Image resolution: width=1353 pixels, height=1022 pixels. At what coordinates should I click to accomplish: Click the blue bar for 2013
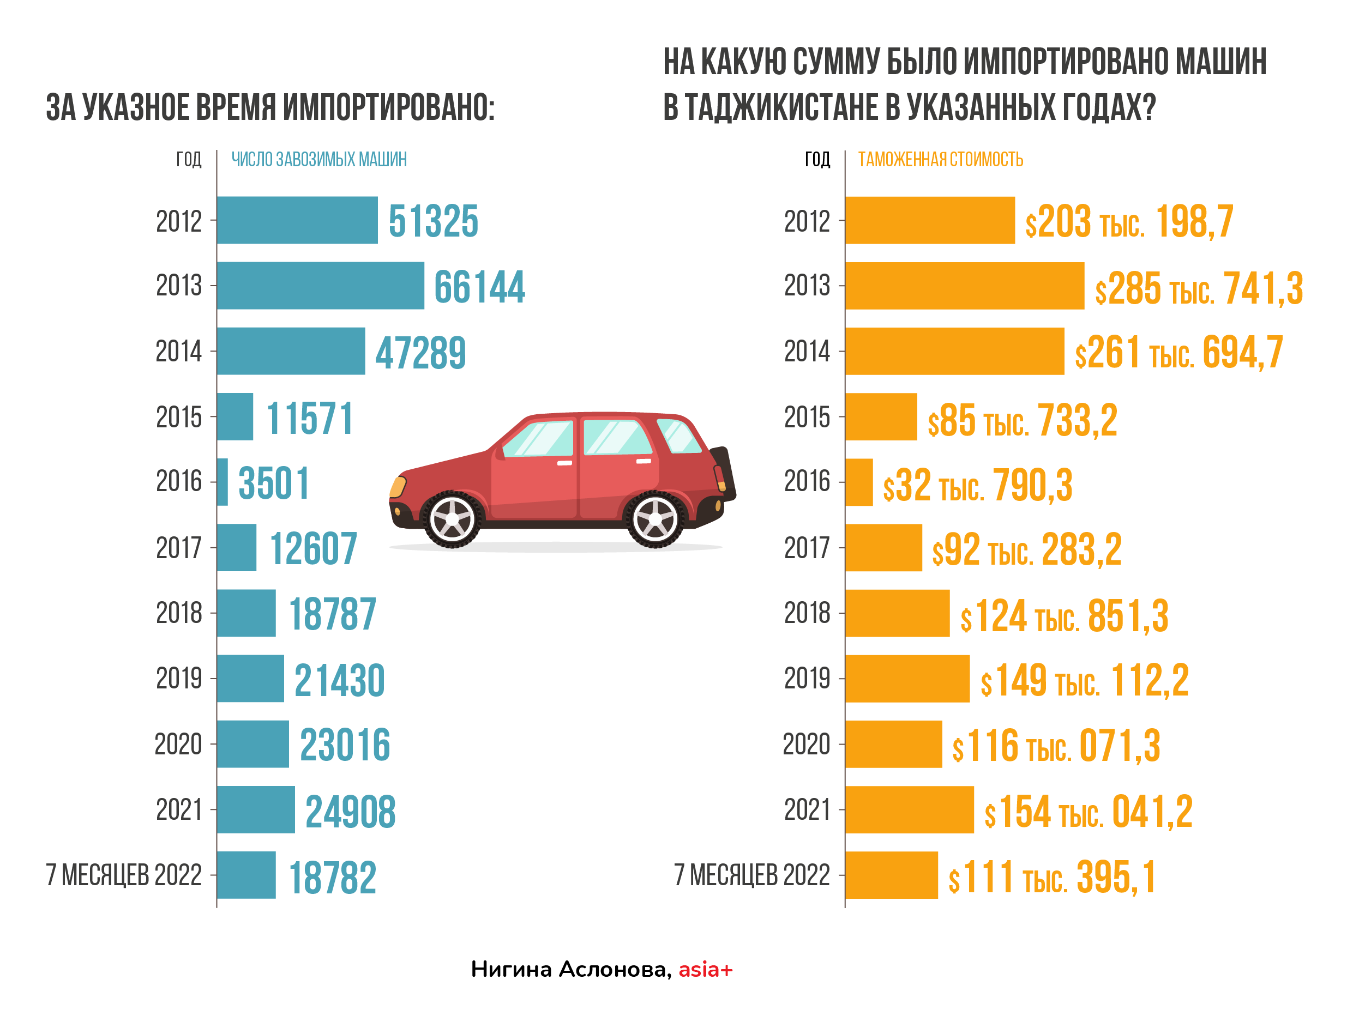coord(320,286)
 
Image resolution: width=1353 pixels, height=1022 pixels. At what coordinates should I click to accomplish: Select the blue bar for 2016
coord(223,482)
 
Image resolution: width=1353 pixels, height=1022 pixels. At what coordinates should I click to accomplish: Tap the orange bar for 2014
coord(954,351)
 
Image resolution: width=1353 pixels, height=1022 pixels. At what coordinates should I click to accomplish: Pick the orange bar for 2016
coord(859,482)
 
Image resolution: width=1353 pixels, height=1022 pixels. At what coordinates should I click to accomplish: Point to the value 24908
coord(351,811)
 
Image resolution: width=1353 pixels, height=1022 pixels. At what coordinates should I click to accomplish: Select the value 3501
coord(273,483)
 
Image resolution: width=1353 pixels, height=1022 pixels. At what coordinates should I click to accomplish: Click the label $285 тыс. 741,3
coord(1198,288)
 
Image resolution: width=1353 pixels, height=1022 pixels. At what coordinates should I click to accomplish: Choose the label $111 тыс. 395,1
coord(1051,877)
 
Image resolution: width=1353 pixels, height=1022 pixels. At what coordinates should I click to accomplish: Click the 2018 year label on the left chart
coord(179,613)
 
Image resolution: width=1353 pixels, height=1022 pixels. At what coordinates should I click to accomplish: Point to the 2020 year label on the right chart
coord(806,745)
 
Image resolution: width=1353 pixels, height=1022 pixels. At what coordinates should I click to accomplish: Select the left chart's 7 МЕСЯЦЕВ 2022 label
coord(124,875)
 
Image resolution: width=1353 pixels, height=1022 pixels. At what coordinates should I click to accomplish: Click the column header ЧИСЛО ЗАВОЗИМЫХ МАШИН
coord(318,160)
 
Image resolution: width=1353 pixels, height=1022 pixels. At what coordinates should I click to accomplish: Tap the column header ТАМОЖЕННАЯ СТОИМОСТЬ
coord(940,160)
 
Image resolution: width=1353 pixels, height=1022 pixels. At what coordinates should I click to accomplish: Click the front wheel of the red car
coord(452,519)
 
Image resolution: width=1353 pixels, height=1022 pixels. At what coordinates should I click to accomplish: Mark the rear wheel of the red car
coord(654,519)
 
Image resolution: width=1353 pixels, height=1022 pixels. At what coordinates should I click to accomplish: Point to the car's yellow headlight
coord(398,487)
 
